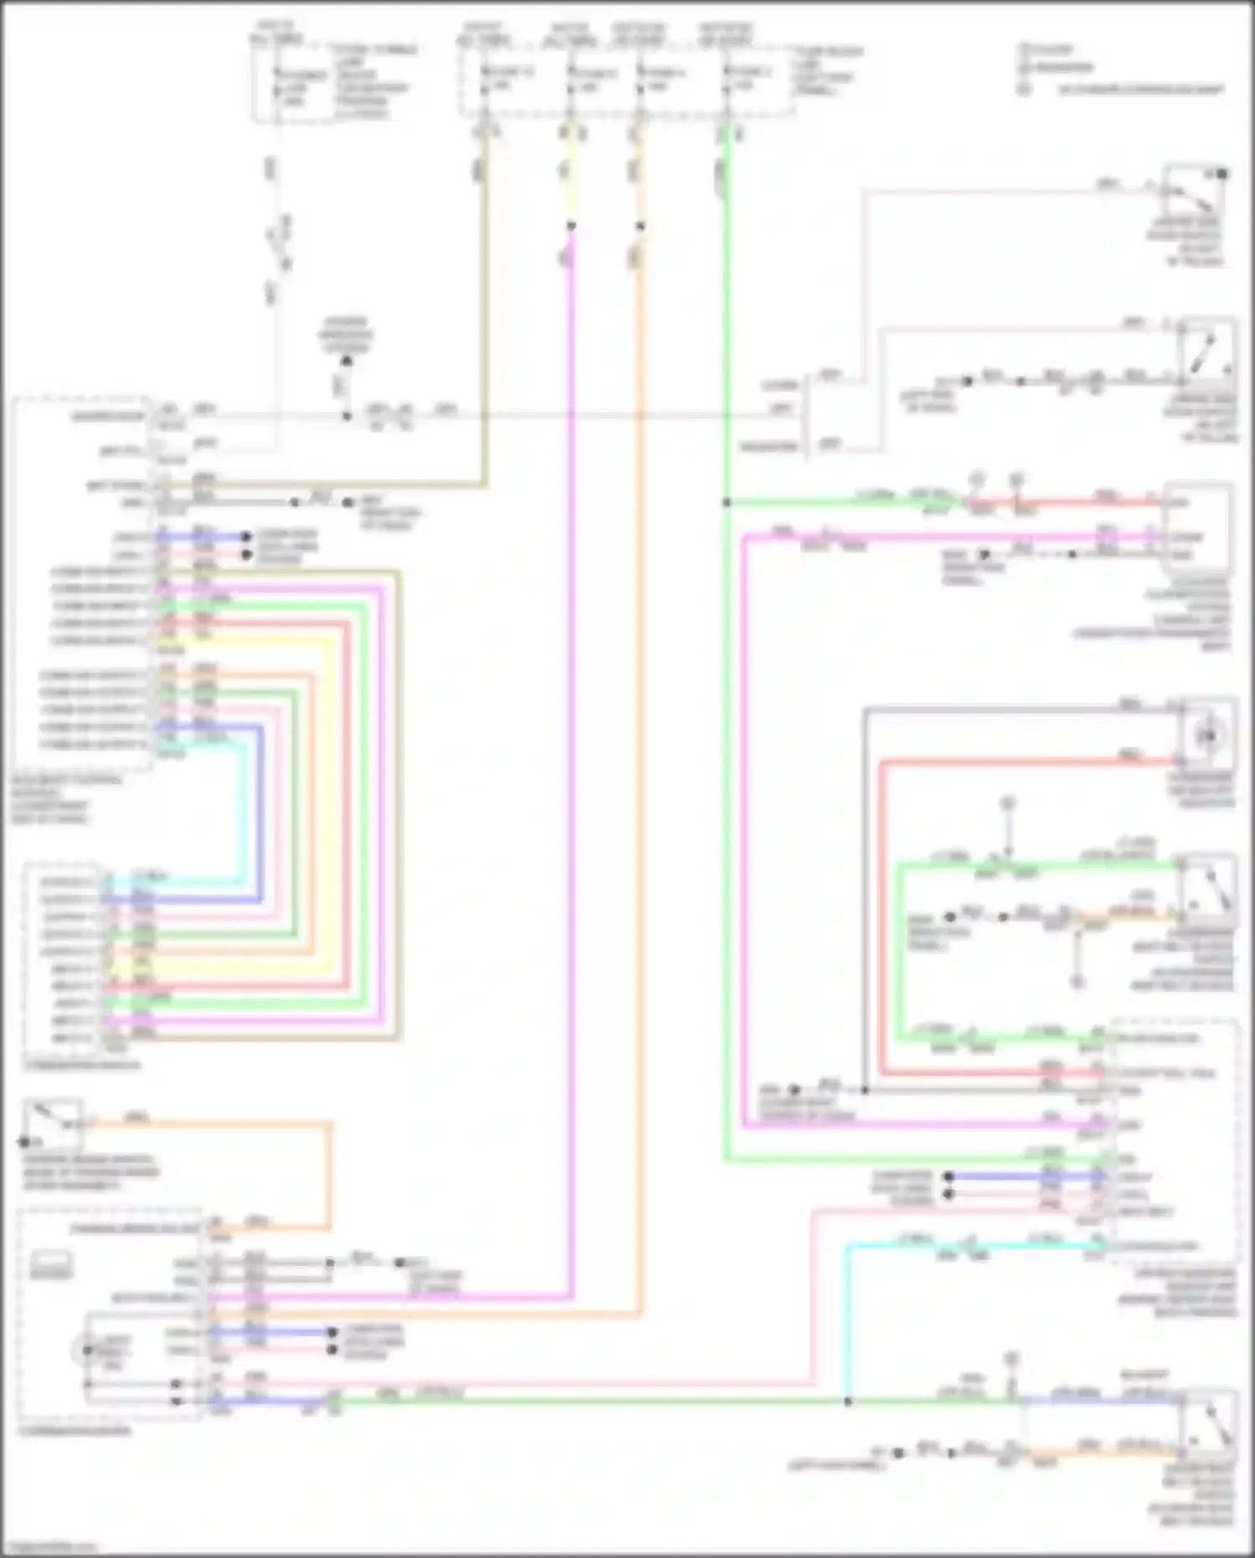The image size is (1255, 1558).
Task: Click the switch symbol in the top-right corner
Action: click(x=1194, y=194)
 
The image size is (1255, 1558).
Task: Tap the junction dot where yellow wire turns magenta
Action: click(x=571, y=226)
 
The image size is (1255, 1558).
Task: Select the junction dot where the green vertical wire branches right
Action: click(x=726, y=502)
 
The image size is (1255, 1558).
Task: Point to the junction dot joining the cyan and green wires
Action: click(x=848, y=1401)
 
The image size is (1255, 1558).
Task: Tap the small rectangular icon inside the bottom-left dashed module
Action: click(x=51, y=1263)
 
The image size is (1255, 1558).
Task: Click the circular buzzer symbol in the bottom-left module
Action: click(x=86, y=1350)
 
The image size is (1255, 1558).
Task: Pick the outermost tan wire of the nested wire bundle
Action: click(x=399, y=804)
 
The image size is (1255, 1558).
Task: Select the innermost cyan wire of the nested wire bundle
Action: click(x=245, y=812)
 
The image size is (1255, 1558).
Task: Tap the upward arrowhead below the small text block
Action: click(x=346, y=361)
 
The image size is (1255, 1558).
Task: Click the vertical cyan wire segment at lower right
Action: click(x=848, y=1323)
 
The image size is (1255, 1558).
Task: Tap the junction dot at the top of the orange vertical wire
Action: click(x=641, y=226)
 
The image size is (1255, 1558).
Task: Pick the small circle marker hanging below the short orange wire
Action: click(x=1078, y=981)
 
